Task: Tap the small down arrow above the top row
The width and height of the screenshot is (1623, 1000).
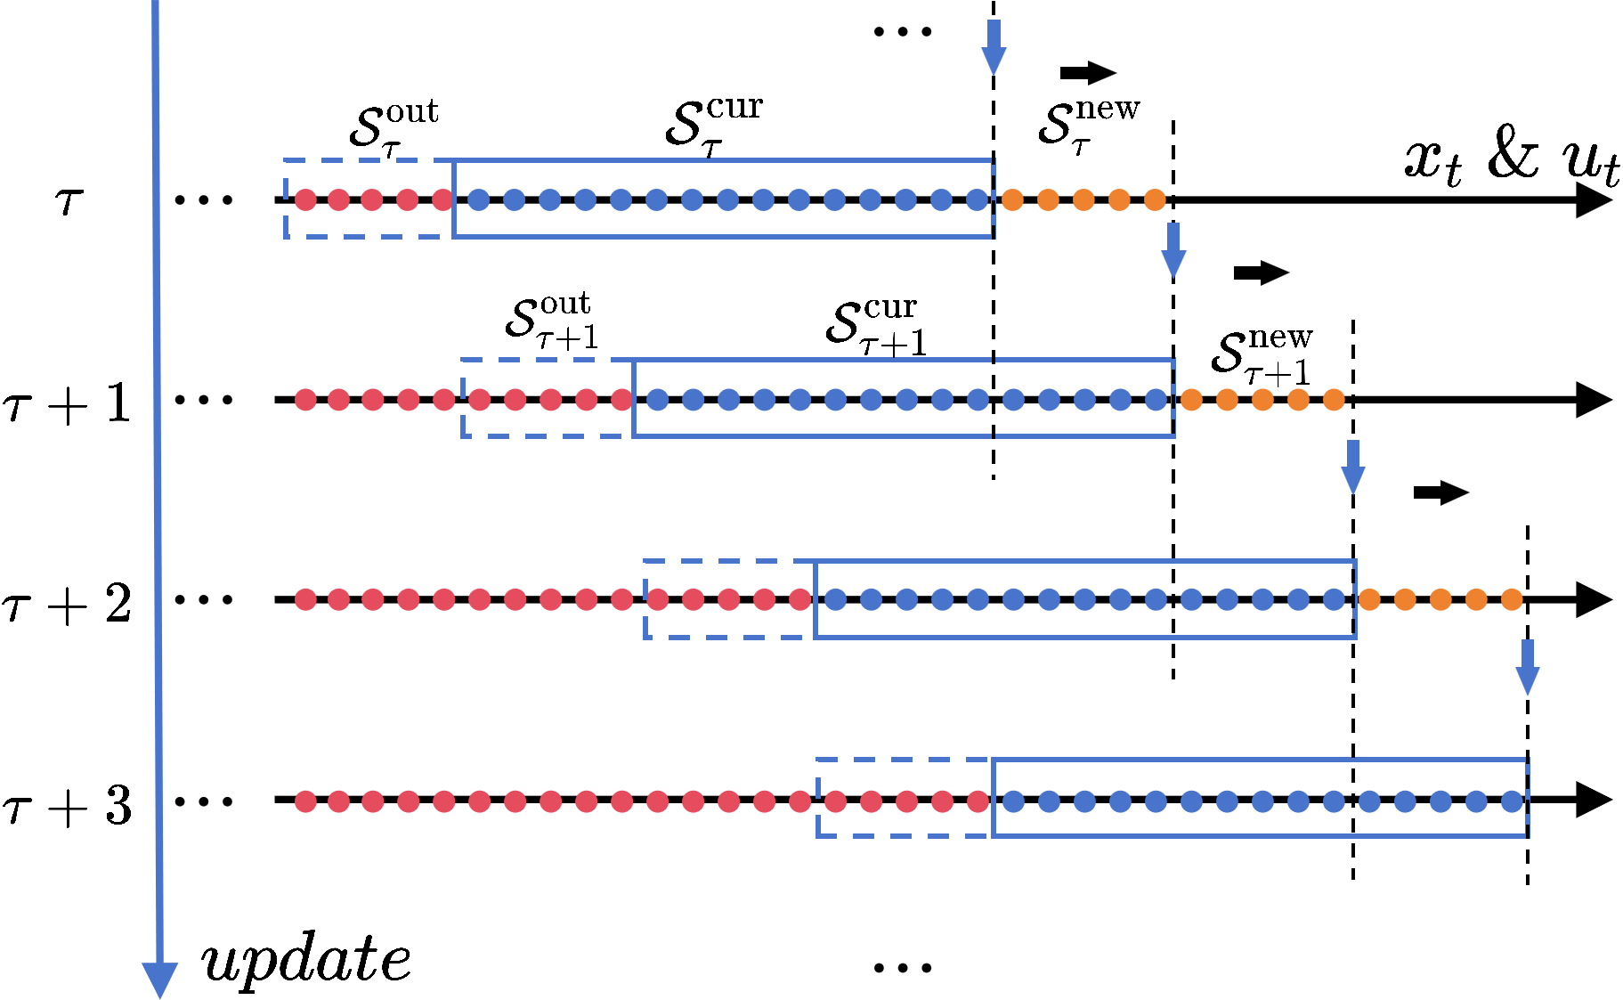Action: coord(994,49)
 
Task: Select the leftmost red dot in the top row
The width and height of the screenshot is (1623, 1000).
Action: coord(305,199)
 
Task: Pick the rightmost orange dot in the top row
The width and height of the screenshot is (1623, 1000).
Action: coord(1155,199)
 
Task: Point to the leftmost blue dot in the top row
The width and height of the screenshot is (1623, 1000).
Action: coord(479,199)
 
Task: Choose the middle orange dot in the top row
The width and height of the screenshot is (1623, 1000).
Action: coord(1083,199)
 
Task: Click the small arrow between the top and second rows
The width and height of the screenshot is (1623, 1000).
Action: coord(1173,251)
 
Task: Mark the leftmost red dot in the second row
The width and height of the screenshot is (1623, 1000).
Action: coord(305,400)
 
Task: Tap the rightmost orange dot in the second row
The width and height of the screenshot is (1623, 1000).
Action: coord(1334,400)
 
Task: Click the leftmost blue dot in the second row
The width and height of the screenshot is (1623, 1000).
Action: coord(658,400)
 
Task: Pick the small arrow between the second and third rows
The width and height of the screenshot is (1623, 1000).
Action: coord(1353,467)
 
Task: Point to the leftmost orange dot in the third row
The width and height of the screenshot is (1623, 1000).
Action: coord(1369,599)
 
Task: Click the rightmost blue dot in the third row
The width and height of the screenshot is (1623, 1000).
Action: coord(1334,599)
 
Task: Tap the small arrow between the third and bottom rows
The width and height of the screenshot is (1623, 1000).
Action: coord(1528,668)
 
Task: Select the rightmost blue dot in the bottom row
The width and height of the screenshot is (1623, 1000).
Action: coord(1512,801)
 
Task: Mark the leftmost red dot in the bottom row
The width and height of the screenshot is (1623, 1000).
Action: coord(305,801)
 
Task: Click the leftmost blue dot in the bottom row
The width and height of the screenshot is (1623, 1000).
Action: coord(1013,801)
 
